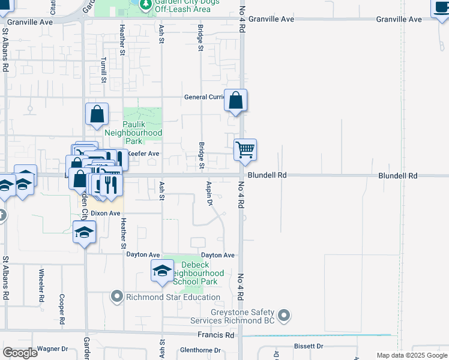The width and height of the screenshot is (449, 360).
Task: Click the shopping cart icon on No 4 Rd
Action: point(245,149)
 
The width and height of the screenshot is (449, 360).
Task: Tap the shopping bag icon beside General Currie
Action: point(236,100)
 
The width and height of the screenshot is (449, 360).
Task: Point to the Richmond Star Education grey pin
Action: point(116,296)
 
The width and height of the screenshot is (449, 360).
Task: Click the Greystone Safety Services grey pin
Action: point(285,314)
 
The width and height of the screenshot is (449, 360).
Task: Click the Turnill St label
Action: point(104,70)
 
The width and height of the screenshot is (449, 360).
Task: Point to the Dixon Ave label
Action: point(106,213)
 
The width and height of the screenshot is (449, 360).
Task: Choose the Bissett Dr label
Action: point(309,346)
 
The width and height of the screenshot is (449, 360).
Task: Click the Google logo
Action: point(19,353)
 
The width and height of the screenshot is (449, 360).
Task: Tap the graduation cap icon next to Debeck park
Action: point(161,271)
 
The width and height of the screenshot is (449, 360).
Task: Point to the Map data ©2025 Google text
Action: point(412,355)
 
